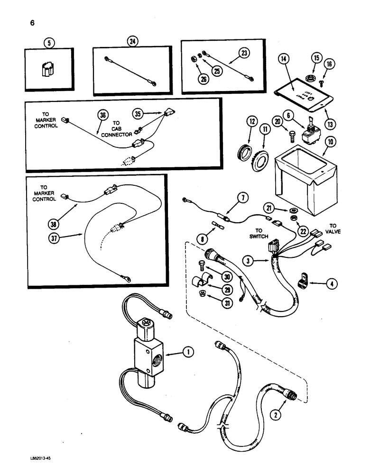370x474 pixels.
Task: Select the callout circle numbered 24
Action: [x=132, y=41]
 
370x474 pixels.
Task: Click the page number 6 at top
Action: [x=32, y=22]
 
